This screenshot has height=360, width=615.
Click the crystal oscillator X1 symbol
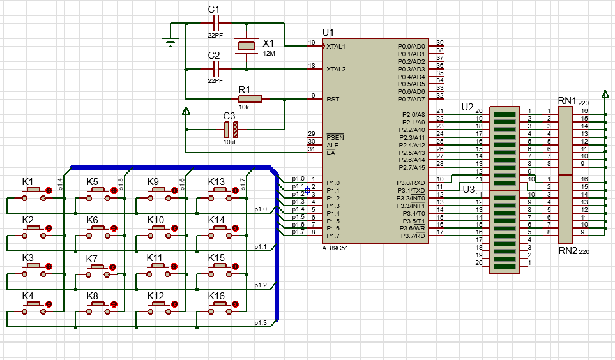point(247,46)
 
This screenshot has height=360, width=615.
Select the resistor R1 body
point(250,99)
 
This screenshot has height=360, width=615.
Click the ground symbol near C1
point(170,42)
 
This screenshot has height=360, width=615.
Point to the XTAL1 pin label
point(336,47)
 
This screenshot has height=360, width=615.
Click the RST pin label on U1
point(333,100)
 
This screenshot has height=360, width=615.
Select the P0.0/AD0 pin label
point(411,47)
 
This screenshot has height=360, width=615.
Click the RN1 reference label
point(566,100)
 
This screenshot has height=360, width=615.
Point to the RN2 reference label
point(566,250)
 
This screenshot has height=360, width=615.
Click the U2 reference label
point(467,106)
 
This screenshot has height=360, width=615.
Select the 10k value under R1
point(244,107)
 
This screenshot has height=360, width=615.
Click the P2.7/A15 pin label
point(411,167)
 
